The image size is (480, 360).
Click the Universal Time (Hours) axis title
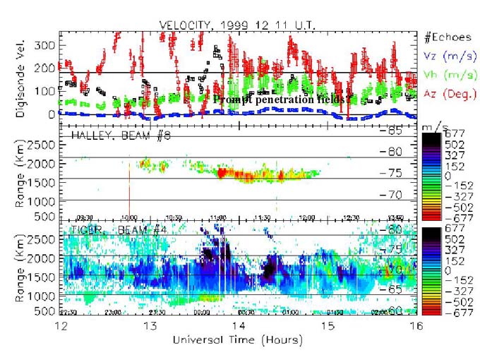(240, 340)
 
